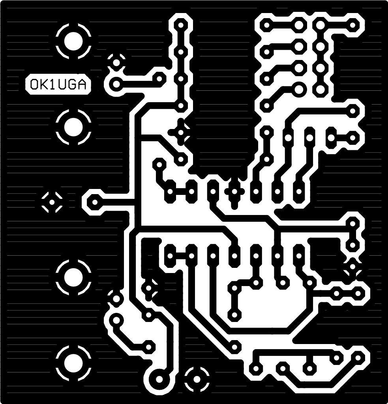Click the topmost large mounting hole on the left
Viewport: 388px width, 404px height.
(x=73, y=41)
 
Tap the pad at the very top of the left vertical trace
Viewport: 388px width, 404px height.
(x=181, y=26)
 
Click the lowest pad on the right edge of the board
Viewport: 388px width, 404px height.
(x=359, y=358)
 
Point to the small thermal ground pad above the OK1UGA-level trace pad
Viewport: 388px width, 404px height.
(x=116, y=62)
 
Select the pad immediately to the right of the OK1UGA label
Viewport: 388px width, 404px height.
(x=116, y=84)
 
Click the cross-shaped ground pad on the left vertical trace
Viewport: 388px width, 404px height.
(x=181, y=132)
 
